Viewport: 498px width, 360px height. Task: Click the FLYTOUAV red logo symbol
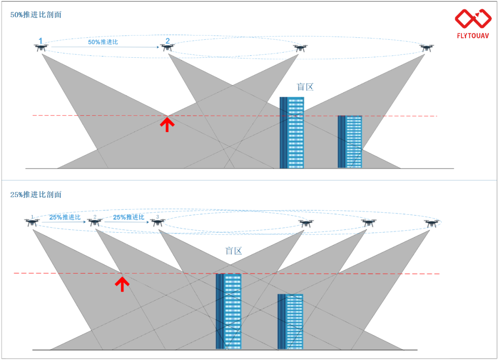click(x=473, y=18)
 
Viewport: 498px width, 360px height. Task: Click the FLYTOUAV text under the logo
click(x=473, y=36)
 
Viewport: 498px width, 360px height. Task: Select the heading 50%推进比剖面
click(x=36, y=15)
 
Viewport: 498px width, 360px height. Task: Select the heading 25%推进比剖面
click(x=36, y=195)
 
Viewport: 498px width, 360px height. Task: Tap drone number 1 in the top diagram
click(x=41, y=48)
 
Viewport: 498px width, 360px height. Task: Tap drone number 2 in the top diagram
click(x=167, y=48)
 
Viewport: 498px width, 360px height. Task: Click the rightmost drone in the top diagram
click(x=426, y=48)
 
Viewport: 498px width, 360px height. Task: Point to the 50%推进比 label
click(x=103, y=42)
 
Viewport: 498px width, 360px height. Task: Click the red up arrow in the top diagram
click(x=167, y=124)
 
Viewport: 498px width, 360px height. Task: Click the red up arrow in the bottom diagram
click(x=122, y=284)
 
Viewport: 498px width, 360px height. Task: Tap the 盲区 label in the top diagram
click(x=305, y=87)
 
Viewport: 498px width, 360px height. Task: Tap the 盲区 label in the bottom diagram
click(x=233, y=251)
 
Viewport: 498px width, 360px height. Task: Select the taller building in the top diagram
click(x=291, y=132)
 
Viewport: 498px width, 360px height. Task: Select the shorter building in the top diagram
click(x=350, y=142)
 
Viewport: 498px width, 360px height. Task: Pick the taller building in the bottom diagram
click(x=228, y=312)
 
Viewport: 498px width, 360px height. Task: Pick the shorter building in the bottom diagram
click(x=290, y=322)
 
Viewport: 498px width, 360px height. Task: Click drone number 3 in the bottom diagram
click(x=158, y=222)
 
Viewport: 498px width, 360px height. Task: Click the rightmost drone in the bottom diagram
click(x=432, y=223)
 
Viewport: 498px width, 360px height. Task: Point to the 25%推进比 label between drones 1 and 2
click(x=65, y=217)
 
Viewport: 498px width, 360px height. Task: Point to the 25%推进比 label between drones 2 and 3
click(x=129, y=217)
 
